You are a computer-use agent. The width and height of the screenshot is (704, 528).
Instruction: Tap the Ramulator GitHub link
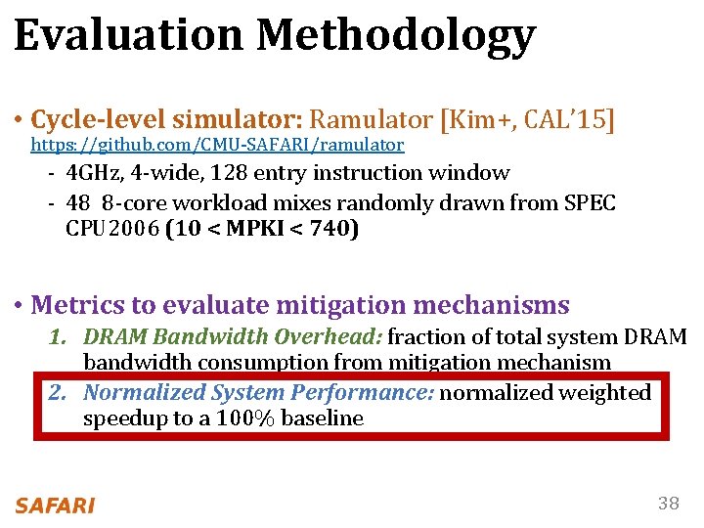pos(217,145)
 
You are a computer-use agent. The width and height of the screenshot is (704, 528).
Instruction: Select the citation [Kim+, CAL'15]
pos(527,120)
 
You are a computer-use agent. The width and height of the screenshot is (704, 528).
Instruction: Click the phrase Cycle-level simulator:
pos(167,120)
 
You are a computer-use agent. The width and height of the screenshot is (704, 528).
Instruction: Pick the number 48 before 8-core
pos(78,203)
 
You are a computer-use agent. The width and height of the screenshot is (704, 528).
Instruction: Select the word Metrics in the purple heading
pos(74,305)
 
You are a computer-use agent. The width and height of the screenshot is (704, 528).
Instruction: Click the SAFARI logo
pos(55,505)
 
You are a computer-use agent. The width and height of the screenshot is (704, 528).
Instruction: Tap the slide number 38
pos(668,504)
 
